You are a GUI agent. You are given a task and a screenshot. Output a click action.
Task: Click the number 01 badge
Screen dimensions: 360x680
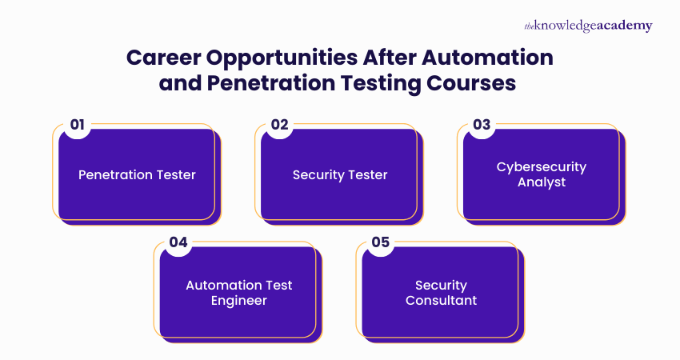click(78, 124)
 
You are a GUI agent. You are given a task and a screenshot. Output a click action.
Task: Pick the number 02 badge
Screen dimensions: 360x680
click(279, 124)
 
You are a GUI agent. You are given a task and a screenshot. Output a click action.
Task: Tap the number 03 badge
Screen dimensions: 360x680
click(482, 124)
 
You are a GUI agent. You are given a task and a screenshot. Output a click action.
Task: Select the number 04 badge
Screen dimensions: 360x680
click(178, 242)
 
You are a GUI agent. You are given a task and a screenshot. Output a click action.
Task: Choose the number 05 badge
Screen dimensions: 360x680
click(381, 242)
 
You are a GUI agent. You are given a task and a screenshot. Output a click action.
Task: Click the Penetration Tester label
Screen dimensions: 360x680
click(137, 174)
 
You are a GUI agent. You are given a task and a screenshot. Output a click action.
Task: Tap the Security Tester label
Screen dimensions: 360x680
click(340, 174)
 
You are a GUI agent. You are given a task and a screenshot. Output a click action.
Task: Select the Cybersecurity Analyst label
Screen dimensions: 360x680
click(542, 174)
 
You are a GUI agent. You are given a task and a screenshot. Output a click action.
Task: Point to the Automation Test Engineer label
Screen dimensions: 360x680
click(238, 293)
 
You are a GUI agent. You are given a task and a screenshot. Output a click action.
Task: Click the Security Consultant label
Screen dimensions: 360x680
click(441, 293)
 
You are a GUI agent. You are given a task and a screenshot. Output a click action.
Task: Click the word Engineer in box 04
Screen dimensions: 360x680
click(238, 301)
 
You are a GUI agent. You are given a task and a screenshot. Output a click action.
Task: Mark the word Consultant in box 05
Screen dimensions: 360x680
click(441, 301)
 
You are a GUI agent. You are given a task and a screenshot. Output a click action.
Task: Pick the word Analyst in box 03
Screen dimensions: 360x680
click(542, 182)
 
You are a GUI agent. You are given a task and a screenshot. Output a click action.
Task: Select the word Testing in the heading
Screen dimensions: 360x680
click(381, 83)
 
